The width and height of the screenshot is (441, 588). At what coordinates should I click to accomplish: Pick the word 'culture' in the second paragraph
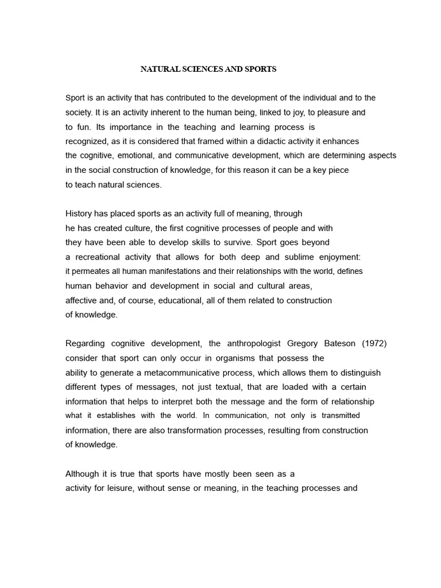[141, 228]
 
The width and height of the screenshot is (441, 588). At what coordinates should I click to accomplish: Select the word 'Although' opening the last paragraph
[83, 474]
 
